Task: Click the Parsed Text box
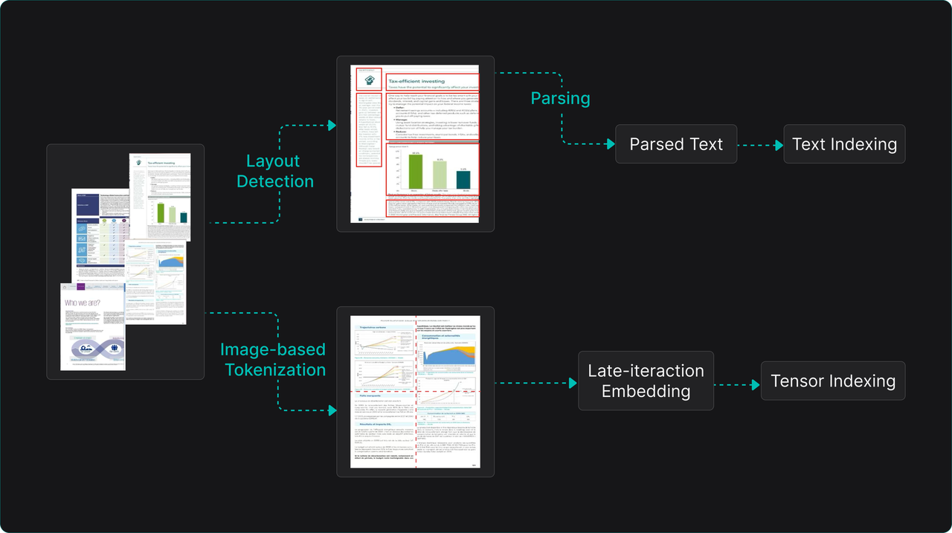[675, 144]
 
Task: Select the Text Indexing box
[844, 144]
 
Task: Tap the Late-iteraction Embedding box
[646, 381]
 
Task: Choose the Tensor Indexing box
[833, 381]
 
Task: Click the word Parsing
[560, 98]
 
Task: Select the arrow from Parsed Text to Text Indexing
[760, 144]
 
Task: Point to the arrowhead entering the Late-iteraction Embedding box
[573, 384]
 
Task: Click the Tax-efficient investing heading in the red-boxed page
[416, 81]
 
